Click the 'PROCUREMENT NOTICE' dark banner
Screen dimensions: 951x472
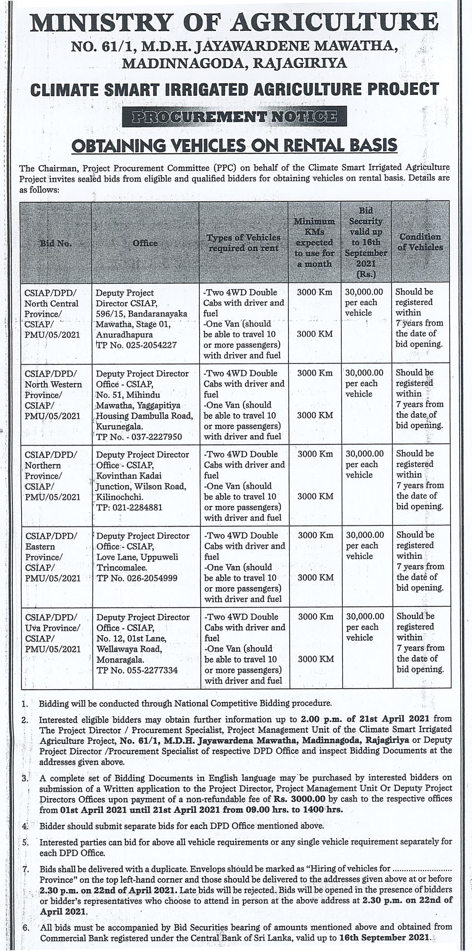point(234,117)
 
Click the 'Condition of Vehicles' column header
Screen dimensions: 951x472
point(420,242)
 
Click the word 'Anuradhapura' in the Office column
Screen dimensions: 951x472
point(124,335)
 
